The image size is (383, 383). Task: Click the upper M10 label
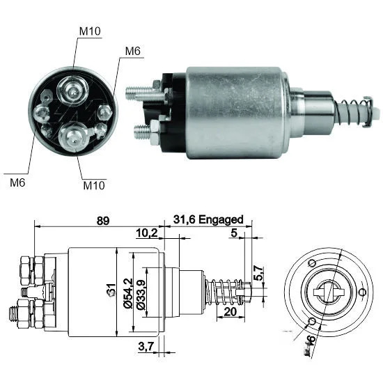click(90, 31)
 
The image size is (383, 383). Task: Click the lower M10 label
click(94, 185)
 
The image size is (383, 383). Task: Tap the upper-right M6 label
click(132, 51)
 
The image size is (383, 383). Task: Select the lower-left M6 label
click(17, 182)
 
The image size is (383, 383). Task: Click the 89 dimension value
click(103, 221)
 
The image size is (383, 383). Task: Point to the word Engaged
click(221, 220)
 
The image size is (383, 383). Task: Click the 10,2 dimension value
click(147, 233)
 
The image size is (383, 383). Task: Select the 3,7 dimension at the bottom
click(146, 346)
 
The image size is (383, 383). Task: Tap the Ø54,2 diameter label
click(128, 293)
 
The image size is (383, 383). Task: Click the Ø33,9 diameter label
click(141, 295)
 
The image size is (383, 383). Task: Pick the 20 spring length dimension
click(230, 312)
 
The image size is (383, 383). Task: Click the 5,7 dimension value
click(259, 273)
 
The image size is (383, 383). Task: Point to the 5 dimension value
click(234, 233)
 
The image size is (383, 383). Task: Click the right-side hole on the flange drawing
click(363, 292)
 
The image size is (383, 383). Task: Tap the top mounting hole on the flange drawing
click(312, 263)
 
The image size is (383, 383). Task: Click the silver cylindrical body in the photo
click(237, 113)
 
